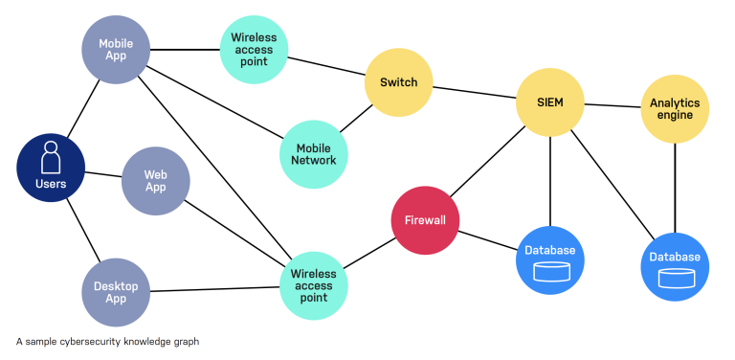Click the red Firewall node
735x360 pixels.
click(426, 220)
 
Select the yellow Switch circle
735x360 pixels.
click(398, 82)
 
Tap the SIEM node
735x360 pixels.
click(549, 102)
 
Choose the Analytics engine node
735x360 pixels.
click(675, 109)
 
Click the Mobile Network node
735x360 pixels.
click(315, 154)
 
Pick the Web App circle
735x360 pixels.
click(156, 181)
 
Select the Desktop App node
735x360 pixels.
click(116, 292)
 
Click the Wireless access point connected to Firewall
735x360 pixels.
click(314, 279)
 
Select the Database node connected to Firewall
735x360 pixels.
click(550, 259)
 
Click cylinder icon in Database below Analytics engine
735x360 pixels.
click(675, 279)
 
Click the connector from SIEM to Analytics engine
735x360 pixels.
click(612, 105)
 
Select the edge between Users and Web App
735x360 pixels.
click(103, 174)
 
